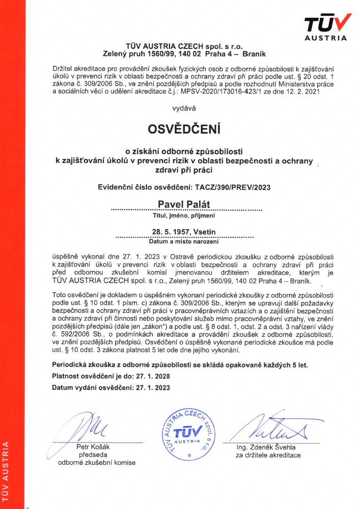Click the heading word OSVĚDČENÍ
[x=184, y=130]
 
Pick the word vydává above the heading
[x=184, y=108]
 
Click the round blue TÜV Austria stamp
[x=184, y=432]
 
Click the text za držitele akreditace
[x=268, y=455]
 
